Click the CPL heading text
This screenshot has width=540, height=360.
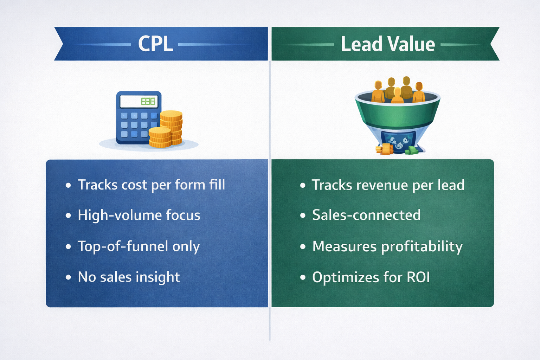[155, 44]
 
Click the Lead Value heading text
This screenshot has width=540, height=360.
[387, 44]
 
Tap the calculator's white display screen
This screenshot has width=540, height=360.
[139, 102]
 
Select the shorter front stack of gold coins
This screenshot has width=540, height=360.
[160, 138]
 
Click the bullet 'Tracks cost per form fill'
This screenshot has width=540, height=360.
[151, 185]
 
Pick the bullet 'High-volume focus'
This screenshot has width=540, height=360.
[139, 215]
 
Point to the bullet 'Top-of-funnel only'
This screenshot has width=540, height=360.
[139, 246]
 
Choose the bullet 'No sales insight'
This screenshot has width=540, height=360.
[129, 277]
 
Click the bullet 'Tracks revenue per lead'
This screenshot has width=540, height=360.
[388, 185]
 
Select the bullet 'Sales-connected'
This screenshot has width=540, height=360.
[366, 215]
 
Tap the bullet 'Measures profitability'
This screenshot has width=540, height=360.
[387, 246]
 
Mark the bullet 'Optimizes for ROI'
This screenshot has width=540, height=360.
[371, 277]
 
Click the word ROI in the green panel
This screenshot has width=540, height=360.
[418, 277]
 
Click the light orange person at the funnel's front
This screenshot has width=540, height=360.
[397, 96]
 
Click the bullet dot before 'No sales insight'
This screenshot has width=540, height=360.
[68, 277]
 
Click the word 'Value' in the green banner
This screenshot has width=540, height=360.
[411, 44]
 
